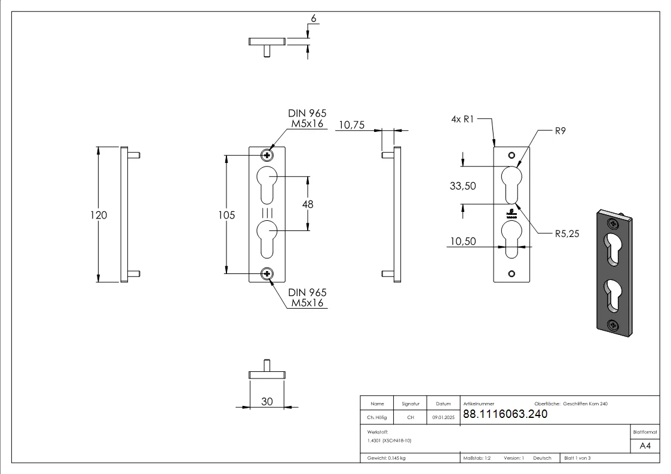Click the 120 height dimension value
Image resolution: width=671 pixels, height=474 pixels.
click(99, 215)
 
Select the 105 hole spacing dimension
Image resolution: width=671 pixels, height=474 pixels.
click(226, 215)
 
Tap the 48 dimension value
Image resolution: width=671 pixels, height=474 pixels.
click(308, 204)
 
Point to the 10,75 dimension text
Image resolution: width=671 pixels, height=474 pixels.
click(351, 125)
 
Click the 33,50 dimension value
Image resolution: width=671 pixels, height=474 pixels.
click(462, 186)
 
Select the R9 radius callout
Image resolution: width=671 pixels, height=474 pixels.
click(560, 131)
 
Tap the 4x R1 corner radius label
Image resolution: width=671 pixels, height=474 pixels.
click(462, 119)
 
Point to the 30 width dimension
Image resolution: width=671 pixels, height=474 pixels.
click(266, 402)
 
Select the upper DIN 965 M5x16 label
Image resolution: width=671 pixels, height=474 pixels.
click(307, 119)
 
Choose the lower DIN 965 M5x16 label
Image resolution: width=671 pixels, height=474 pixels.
click(307, 298)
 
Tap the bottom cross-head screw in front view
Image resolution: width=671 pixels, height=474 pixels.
click(266, 274)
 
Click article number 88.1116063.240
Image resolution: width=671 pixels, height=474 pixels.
click(505, 414)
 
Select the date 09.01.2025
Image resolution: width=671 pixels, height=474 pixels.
click(443, 418)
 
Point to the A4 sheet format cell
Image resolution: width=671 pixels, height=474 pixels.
click(645, 446)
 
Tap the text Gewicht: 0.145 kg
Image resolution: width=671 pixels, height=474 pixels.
click(387, 458)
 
